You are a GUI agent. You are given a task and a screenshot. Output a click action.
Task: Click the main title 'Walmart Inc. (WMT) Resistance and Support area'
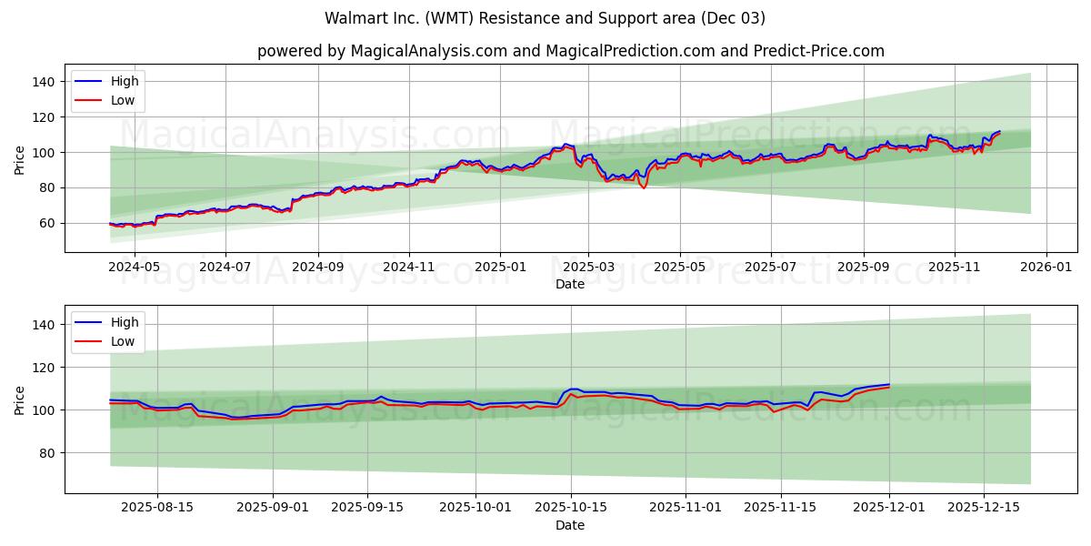tap(545, 18)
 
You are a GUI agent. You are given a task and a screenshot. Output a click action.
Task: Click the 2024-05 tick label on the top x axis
tap(135, 268)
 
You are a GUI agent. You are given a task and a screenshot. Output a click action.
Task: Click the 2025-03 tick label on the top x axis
tap(588, 268)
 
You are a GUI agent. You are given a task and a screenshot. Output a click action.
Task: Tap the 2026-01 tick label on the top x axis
tap(1046, 268)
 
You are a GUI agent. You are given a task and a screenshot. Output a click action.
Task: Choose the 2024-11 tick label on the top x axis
tap(408, 268)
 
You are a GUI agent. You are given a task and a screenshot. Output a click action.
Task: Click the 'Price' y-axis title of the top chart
tap(20, 158)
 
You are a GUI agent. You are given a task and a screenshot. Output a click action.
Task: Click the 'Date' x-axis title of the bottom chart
tap(570, 525)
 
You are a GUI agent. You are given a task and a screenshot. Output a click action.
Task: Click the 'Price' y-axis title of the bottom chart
tap(20, 399)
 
